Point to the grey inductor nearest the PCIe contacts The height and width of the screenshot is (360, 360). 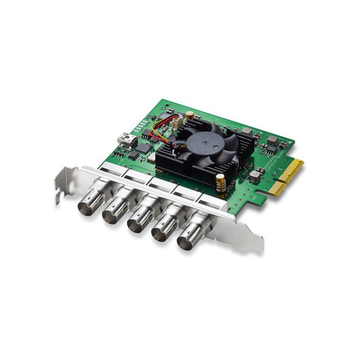[x=256, y=175]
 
